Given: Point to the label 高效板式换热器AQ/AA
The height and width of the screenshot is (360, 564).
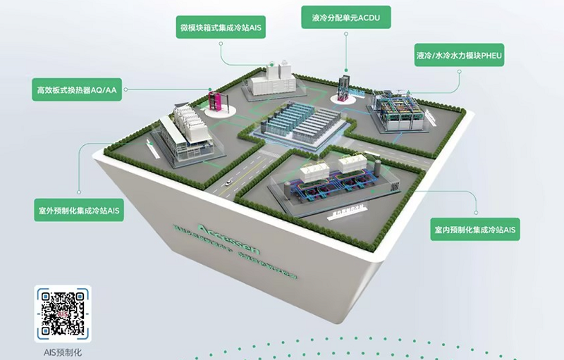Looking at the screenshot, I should point(78,89).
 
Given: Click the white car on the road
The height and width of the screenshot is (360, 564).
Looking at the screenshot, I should point(229,181).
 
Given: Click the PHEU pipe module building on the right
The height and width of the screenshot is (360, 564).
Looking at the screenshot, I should point(398,109).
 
